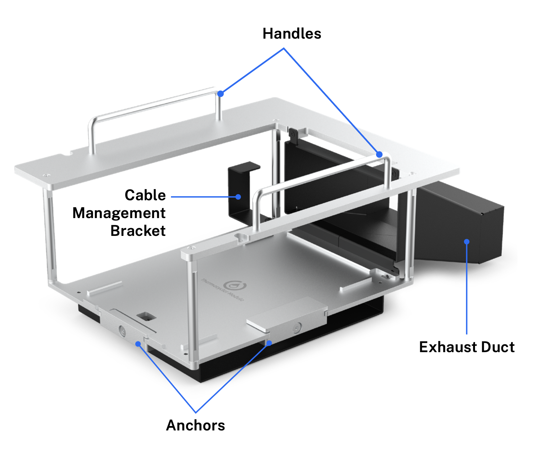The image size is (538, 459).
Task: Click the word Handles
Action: pyautogui.click(x=292, y=34)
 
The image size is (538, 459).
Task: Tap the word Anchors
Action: pyautogui.click(x=195, y=425)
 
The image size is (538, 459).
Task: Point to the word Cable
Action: pyautogui.click(x=145, y=195)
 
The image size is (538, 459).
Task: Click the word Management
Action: pyautogui.click(x=119, y=213)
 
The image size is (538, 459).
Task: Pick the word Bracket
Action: pyautogui.click(x=138, y=231)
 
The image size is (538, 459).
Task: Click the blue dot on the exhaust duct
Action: pyautogui.click(x=467, y=242)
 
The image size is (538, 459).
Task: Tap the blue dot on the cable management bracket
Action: pyautogui.click(x=238, y=197)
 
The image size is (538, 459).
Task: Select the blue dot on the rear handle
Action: pyautogui.click(x=221, y=94)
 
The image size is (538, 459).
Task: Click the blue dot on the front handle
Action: pyautogui.click(x=379, y=155)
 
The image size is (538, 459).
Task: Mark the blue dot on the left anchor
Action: pyautogui.click(x=138, y=344)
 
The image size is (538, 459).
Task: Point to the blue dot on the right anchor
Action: pyautogui.click(x=269, y=343)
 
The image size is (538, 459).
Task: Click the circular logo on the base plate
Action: pyautogui.click(x=235, y=286)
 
